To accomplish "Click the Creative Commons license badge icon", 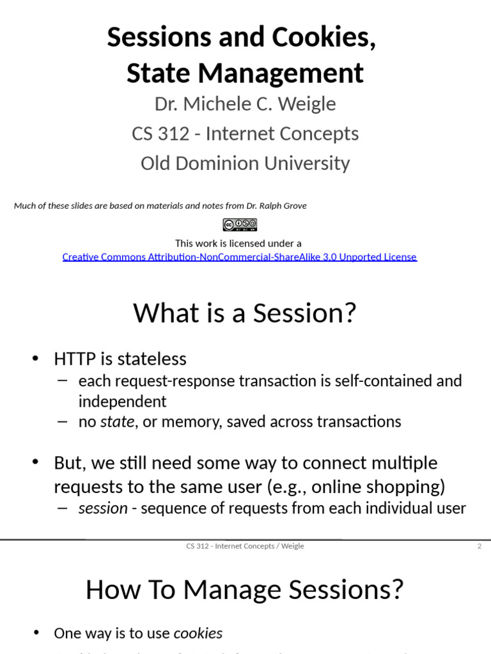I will pyautogui.click(x=240, y=225).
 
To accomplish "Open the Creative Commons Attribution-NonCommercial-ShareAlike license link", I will pyautogui.click(x=239, y=257).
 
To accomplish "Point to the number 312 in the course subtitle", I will pyautogui.click(x=176, y=133).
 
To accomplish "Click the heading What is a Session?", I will pyautogui.click(x=244, y=313).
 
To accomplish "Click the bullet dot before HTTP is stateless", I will pyautogui.click(x=35, y=358).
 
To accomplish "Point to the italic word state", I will pyautogui.click(x=118, y=422).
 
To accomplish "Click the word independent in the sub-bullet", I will pyautogui.click(x=122, y=401).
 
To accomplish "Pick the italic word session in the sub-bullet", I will pyautogui.click(x=103, y=508).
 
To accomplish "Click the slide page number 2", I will pyautogui.click(x=479, y=546).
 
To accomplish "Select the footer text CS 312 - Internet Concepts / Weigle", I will pyautogui.click(x=245, y=546).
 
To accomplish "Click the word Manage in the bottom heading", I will pyautogui.click(x=232, y=589).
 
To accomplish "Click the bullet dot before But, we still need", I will pyautogui.click(x=35, y=462).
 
